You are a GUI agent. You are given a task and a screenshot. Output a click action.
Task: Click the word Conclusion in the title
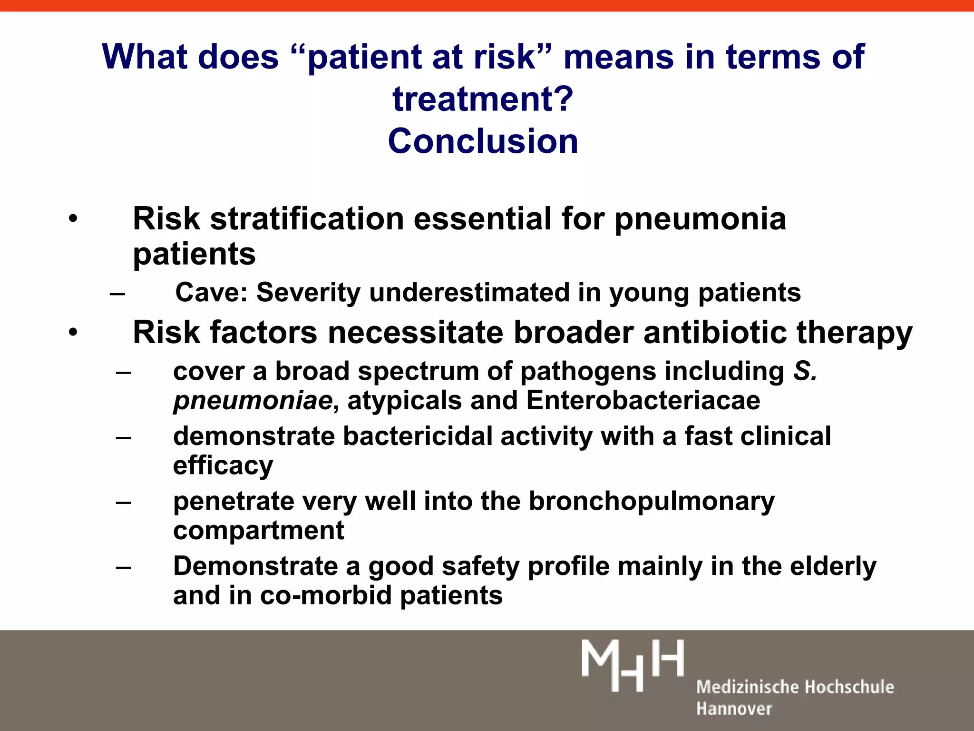[483, 141]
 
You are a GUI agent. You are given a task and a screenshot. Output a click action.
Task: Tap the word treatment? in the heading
[483, 99]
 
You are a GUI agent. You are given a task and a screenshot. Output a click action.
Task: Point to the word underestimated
[469, 292]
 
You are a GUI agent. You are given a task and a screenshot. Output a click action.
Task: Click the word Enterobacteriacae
[643, 400]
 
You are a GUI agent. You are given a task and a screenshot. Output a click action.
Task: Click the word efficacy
[223, 465]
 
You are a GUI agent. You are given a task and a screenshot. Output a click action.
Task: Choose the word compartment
[258, 530]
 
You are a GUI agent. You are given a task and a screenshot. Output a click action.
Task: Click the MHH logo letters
[632, 665]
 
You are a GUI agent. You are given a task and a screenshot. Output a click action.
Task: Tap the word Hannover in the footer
[734, 709]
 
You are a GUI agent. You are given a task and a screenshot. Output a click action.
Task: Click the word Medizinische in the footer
[745, 687]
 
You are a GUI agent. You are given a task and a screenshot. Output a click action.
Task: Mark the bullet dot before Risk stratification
[72, 219]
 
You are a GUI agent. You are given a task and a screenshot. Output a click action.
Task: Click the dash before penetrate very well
[124, 502]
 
